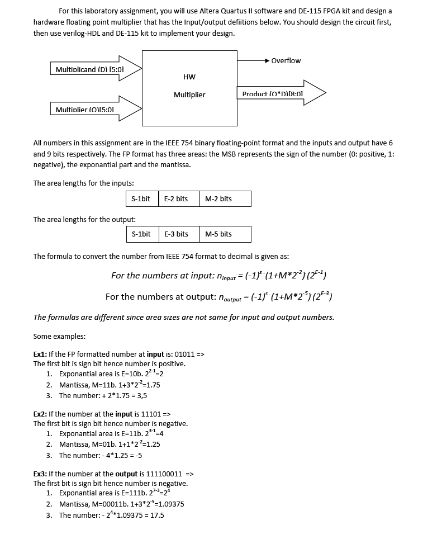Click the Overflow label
pos(286,60)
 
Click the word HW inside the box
pos(189,77)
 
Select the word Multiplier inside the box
pos(189,94)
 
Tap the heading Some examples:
pos(59,336)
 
